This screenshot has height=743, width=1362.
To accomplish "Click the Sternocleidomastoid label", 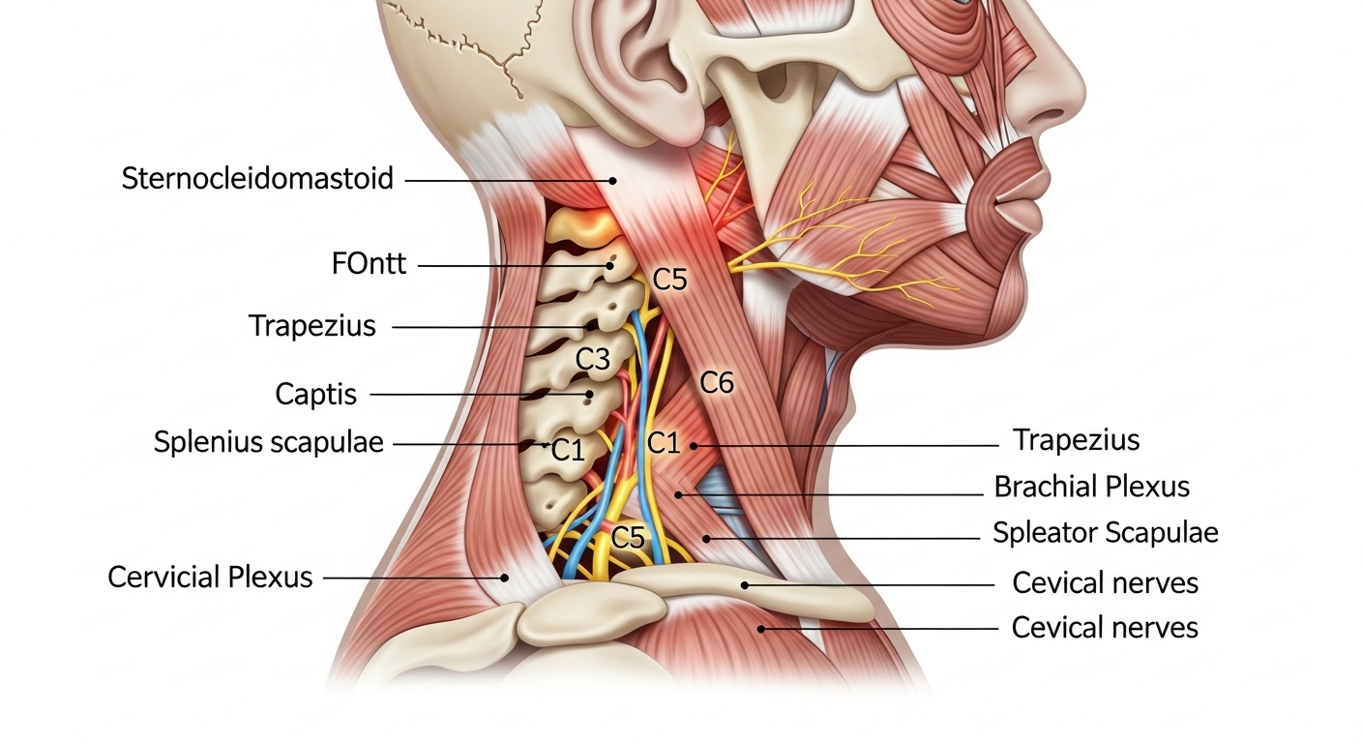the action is coord(257,179).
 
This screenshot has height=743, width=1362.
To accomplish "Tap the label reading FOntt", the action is coord(369,264).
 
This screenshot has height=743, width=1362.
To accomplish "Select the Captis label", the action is coord(315,394).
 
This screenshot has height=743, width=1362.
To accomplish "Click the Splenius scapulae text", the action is coord(268,441).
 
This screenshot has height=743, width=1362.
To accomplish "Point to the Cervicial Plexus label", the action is coord(210,577).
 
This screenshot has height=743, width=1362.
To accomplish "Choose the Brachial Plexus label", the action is coord(1091,487).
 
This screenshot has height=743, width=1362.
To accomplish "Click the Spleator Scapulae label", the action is coord(1106,533).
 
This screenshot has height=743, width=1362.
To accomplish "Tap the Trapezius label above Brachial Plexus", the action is coord(1077,439).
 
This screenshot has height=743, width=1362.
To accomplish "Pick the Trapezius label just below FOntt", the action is coord(311,326).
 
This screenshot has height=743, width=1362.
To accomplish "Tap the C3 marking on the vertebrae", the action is coord(592,359).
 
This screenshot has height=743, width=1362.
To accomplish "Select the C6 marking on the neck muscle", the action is coord(717,382).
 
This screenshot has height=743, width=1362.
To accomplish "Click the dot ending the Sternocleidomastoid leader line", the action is coord(613,181).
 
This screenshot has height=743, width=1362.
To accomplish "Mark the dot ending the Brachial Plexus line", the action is coord(678,495).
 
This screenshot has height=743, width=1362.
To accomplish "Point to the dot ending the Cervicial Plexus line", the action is coord(505,578).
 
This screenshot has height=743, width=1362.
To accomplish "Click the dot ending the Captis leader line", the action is coord(588,395).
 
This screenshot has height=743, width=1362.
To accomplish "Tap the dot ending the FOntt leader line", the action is coord(609,266).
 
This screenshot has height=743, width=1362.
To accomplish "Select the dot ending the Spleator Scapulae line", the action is coord(706,539).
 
